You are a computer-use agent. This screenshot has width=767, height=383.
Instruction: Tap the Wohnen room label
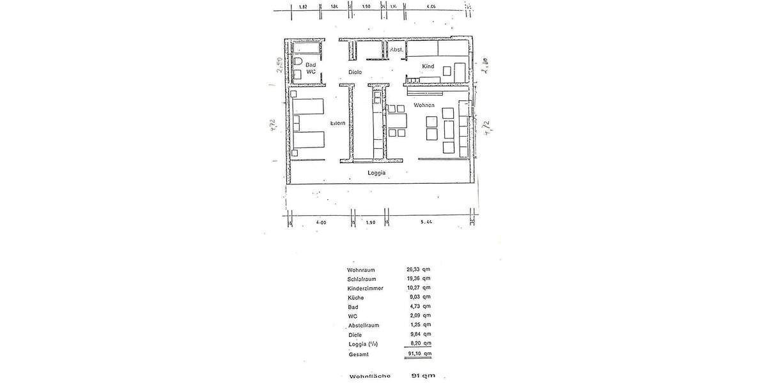click(424, 105)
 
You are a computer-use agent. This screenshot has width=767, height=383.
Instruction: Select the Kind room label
click(428, 66)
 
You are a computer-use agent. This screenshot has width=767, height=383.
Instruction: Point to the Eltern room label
click(337, 123)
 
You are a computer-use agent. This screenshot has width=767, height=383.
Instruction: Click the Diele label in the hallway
click(355, 72)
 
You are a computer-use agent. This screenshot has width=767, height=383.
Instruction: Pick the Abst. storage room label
click(396, 49)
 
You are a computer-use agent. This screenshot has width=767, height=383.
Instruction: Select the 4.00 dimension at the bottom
click(322, 223)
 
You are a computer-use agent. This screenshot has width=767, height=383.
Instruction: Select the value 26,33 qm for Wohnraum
click(419, 269)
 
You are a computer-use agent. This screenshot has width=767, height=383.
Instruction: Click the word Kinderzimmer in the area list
click(366, 289)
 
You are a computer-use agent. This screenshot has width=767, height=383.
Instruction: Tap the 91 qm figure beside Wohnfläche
click(423, 376)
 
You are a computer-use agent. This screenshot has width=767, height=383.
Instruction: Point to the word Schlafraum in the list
click(362, 278)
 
